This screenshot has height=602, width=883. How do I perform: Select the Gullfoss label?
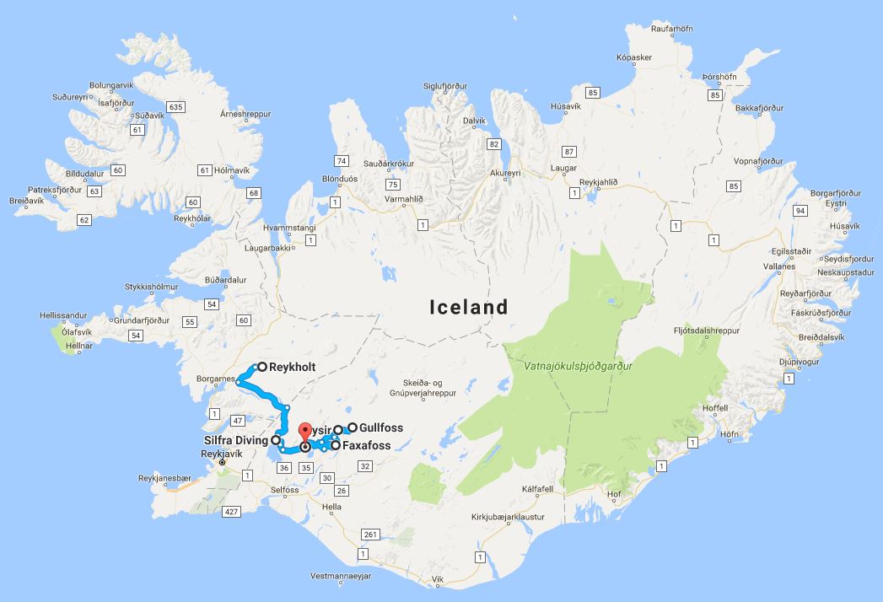380,427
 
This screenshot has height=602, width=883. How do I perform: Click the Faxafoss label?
367,445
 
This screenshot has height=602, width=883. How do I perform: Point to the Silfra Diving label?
235,440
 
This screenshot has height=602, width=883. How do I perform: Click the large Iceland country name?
469,306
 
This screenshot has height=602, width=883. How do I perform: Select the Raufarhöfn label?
671,29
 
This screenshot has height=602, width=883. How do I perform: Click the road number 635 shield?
175,107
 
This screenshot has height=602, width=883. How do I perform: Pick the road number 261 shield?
369,535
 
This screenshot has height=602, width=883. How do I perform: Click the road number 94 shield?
800,210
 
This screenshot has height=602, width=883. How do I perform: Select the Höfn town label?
730,435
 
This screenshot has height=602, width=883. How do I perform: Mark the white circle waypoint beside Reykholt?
261,367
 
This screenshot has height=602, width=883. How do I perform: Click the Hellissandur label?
63,315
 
